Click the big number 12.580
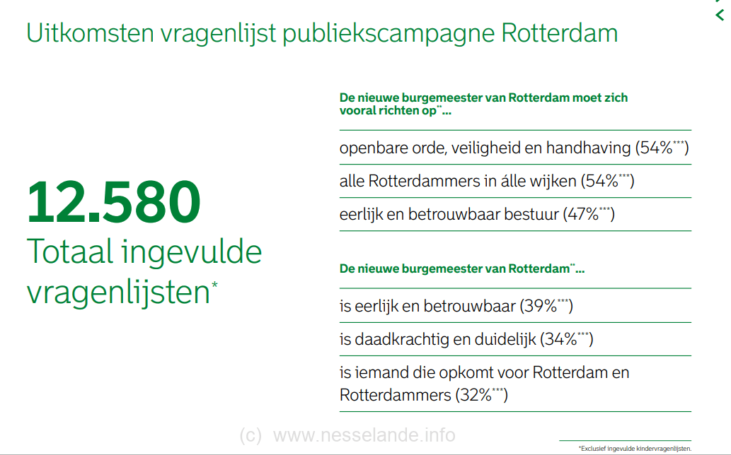[114, 202]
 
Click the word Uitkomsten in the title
[90, 33]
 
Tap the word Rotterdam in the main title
[560, 33]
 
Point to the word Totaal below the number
[70, 252]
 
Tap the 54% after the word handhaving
[656, 148]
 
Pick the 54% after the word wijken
[602, 181]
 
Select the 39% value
[541, 306]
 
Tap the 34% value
[561, 340]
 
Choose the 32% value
[476, 396]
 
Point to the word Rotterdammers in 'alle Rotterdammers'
[425, 181]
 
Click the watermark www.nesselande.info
[364, 435]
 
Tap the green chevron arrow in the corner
[720, 15]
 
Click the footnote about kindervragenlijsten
[635, 449]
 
